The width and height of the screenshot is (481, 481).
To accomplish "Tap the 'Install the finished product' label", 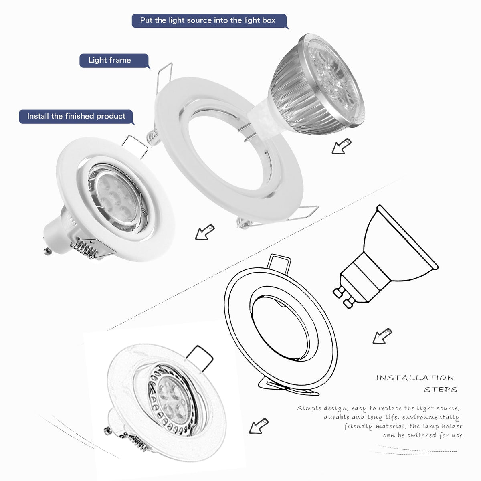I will pyautogui.click(x=76, y=117).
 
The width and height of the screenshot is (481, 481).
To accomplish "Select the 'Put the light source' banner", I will pyautogui.click(x=208, y=20).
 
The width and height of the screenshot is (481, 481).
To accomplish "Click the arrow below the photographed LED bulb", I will pyautogui.click(x=341, y=146).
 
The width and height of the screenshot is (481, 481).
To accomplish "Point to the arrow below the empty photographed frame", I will pyautogui.click(x=204, y=232).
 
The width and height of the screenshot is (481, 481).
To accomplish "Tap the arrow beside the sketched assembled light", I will pyautogui.click(x=258, y=426).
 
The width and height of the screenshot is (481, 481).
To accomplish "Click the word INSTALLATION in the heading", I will pyautogui.click(x=415, y=378).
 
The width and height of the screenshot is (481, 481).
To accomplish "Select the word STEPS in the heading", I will pyautogui.click(x=440, y=390).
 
